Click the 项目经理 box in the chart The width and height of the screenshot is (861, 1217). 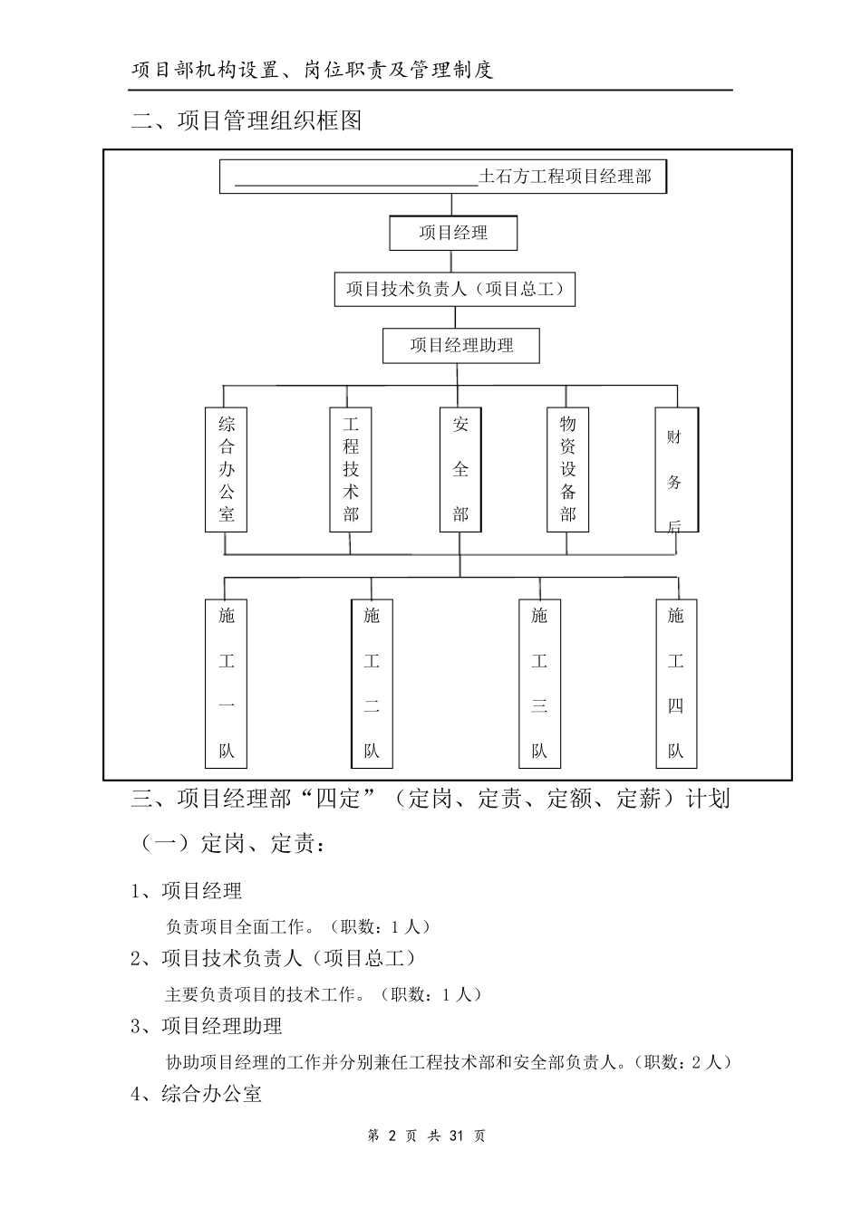453,233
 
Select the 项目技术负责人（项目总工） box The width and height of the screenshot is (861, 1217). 455,290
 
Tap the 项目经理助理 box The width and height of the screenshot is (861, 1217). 461,346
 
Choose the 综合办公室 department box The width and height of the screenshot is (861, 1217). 227,469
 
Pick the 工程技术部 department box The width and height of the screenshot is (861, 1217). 351,469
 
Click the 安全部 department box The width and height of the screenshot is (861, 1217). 460,469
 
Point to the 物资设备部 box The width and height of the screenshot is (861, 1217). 568,469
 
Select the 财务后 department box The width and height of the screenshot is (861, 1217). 675,469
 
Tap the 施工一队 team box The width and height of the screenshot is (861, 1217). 227,684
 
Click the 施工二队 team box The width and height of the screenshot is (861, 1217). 372,684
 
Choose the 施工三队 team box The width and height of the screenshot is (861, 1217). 539,684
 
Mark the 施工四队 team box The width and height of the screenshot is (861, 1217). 676,684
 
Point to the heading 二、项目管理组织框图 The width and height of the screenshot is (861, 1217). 247,120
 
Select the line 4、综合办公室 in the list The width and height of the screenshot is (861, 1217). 197,1094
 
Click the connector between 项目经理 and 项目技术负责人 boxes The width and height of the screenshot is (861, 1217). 453,262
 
